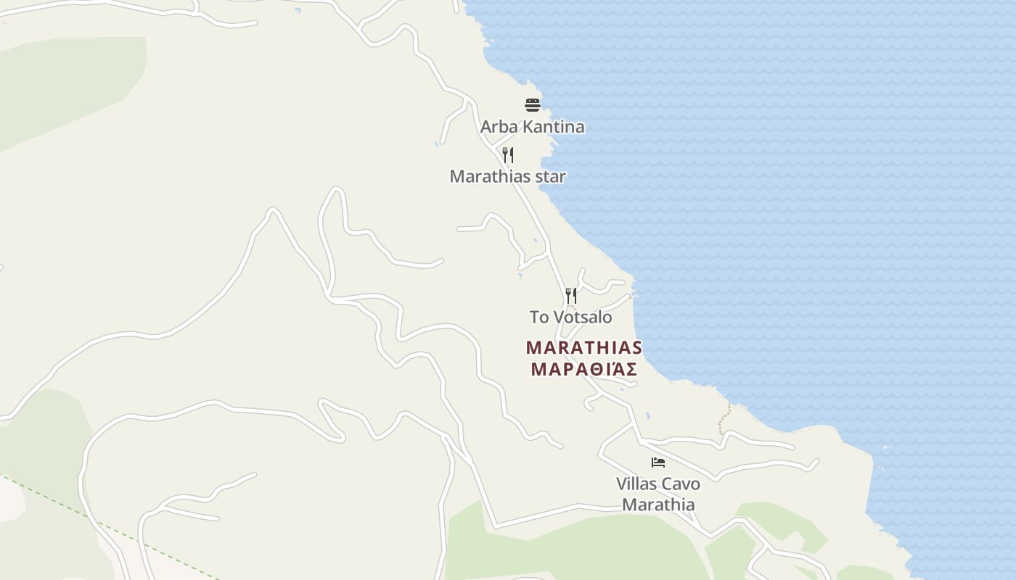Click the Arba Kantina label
coord(532,127)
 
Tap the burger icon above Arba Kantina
coord(533,105)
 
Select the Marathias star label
coord(507,176)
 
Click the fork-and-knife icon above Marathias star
coord(508,155)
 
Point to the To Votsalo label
coord(570,317)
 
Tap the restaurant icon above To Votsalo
coord(571,296)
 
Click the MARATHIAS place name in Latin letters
coord(584,348)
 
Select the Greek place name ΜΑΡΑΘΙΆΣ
coord(584,370)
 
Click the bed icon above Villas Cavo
coord(658,463)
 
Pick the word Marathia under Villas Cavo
coord(658,505)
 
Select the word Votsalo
coord(583,317)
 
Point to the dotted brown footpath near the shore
coord(724,420)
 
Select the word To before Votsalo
coord(539,317)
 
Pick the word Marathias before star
coord(491,176)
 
